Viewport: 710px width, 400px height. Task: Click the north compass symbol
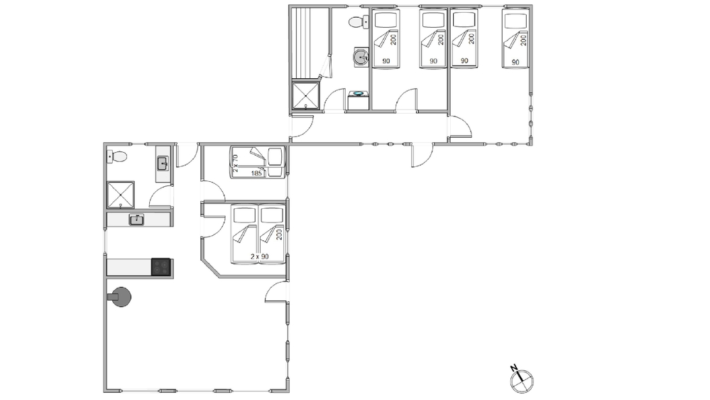coord(522,382)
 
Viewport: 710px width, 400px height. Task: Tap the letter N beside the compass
coord(514,367)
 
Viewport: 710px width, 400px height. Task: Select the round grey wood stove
coord(119,297)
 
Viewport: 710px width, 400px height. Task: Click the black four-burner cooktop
coord(160,267)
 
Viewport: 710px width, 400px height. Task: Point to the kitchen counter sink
coord(136,220)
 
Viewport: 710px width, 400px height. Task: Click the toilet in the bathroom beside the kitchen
coord(117,157)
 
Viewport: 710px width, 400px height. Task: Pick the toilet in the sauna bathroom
coord(359,22)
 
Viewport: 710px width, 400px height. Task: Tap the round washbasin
coord(361,58)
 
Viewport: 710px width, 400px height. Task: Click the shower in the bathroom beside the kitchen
coord(121,195)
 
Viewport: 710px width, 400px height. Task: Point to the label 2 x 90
coord(259,256)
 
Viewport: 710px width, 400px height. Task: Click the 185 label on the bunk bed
coord(257,173)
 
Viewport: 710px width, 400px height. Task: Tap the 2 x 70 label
coord(235,163)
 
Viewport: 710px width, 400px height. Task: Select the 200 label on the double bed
coord(279,234)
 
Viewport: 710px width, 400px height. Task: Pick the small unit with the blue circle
coord(358,100)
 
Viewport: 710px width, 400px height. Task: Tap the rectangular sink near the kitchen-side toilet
coord(163,163)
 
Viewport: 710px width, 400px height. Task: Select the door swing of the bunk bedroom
coord(213,190)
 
